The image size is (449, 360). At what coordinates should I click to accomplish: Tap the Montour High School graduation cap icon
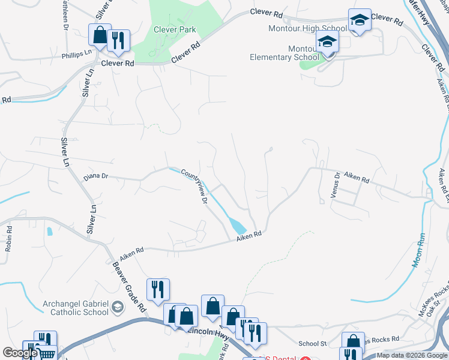pyautogui.click(x=360, y=21)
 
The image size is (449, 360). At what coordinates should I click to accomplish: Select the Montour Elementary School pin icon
pyautogui.click(x=328, y=43)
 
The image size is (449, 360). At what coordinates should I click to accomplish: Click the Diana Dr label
pyautogui.click(x=95, y=176)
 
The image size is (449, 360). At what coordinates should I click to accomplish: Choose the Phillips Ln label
pyautogui.click(x=76, y=53)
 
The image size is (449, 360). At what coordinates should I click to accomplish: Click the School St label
pyautogui.click(x=312, y=344)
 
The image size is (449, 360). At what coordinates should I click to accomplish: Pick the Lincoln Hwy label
pyautogui.click(x=204, y=332)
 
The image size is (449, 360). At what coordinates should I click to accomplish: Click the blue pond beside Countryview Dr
pyautogui.click(x=237, y=227)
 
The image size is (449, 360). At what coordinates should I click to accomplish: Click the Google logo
pyautogui.click(x=20, y=353)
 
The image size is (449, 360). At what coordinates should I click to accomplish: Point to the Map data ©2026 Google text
pyautogui.click(x=411, y=355)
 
